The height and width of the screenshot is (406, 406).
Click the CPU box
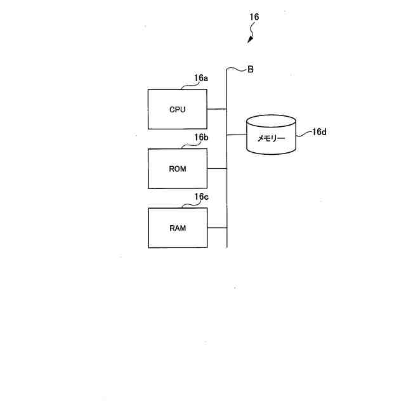tap(177, 109)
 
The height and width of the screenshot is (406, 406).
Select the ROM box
tap(177, 169)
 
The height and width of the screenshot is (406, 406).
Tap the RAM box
tap(177, 228)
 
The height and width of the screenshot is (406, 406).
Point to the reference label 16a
tap(201, 78)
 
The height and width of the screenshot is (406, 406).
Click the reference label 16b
tap(201, 138)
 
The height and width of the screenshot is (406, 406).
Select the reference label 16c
tap(201, 197)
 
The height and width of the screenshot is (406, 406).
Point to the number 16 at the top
tap(254, 17)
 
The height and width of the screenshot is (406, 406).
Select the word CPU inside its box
tap(177, 109)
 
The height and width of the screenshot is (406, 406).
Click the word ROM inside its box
tap(178, 169)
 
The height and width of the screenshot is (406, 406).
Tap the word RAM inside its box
tap(178, 228)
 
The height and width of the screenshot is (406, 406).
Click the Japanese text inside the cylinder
tap(271, 138)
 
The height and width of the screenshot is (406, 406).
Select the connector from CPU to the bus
tap(216, 109)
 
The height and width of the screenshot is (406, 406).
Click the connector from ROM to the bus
tap(216, 169)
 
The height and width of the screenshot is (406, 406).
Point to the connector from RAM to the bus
tap(216, 228)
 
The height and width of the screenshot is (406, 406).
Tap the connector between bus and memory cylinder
tap(237, 135)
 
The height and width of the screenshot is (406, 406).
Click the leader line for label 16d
tap(303, 134)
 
